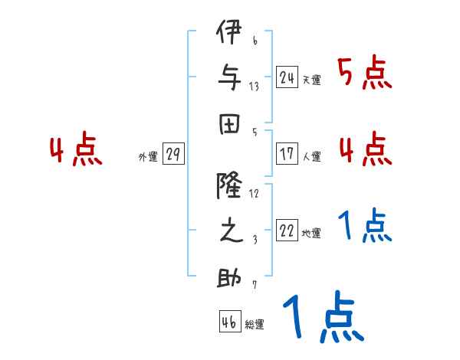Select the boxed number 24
287,77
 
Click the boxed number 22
287,231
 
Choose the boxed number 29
173,154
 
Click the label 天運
311,80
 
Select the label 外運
148,157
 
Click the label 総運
255,325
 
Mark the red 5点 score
364,74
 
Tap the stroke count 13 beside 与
254,85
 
